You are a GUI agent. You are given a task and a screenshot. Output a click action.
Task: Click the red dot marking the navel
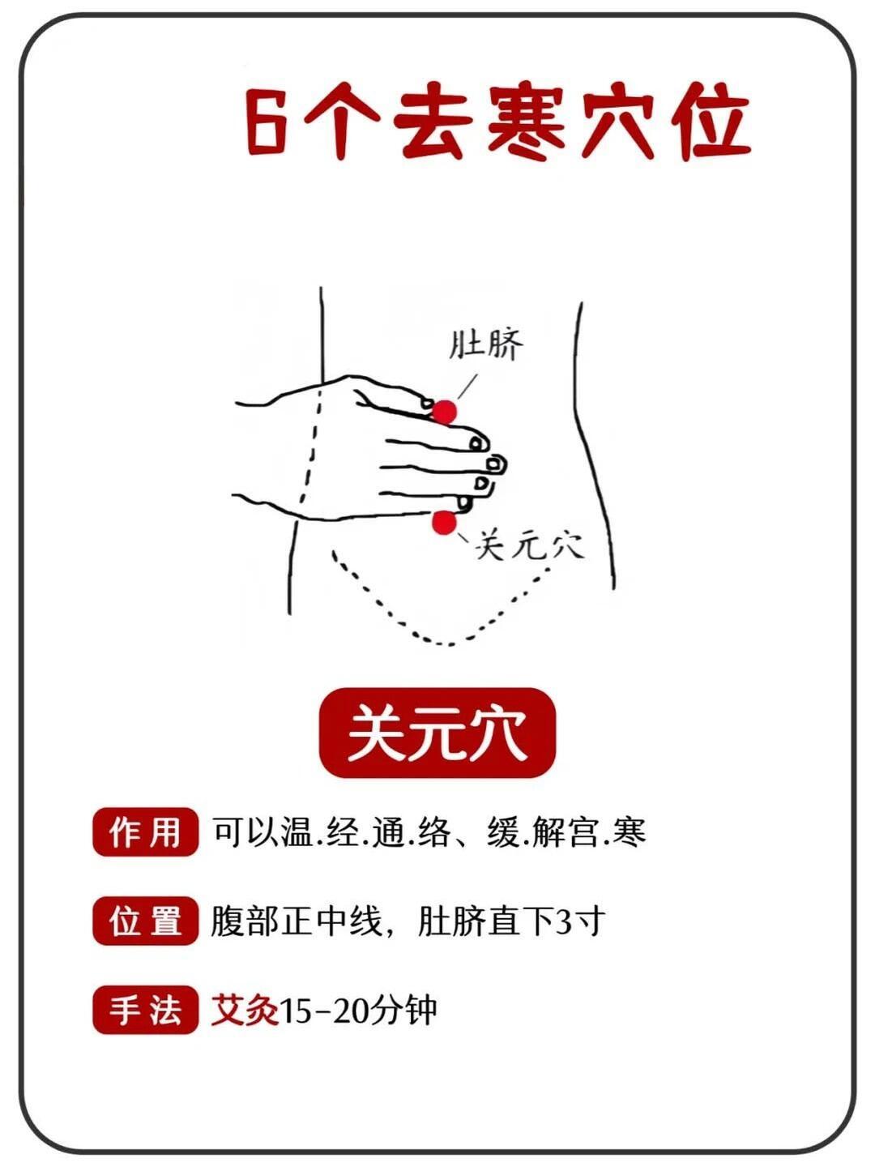click(x=444, y=411)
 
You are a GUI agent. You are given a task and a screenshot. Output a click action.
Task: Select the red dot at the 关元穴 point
click(x=444, y=522)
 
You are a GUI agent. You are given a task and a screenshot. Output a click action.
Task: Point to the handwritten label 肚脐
click(x=485, y=345)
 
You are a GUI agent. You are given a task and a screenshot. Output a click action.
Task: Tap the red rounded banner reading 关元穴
click(x=437, y=733)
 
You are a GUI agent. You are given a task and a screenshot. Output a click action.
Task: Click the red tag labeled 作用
click(x=145, y=832)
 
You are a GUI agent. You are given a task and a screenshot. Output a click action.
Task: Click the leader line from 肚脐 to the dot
click(x=467, y=387)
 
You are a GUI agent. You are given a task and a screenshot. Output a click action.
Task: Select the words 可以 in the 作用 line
click(x=245, y=832)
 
